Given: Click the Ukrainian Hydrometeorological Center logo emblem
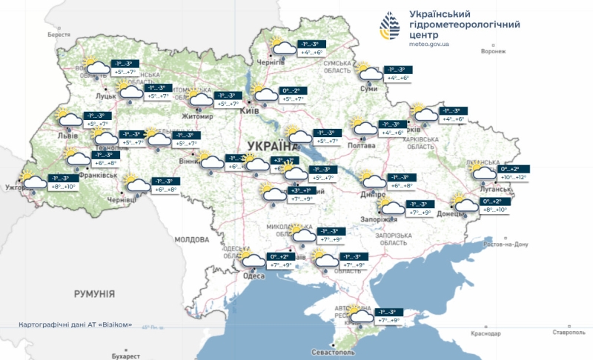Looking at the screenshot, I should point(391,27).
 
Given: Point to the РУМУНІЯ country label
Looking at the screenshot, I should point(94,294).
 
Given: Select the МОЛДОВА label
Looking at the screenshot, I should point(192,240).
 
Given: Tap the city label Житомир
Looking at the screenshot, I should point(197,116).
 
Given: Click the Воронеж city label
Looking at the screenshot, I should point(493,52).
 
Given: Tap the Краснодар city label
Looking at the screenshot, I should point(486,334).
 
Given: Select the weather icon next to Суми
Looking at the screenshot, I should point(368,71).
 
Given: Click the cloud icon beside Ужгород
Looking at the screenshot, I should point(34,181).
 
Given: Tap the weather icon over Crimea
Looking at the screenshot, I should point(361,316).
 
